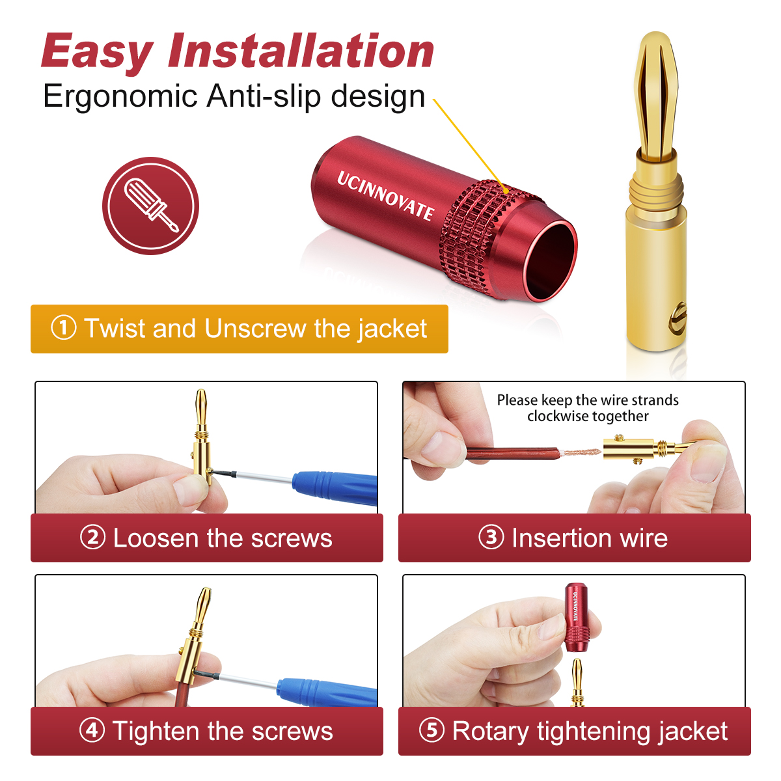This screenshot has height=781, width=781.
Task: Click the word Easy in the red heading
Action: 98,52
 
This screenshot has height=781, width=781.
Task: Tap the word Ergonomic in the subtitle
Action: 120,96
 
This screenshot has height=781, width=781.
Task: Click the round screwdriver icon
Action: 150,206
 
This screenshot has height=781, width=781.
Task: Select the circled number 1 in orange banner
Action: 64,328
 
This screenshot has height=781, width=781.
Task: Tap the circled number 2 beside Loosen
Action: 92,538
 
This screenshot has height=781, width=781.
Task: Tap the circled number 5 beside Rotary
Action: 432,730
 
